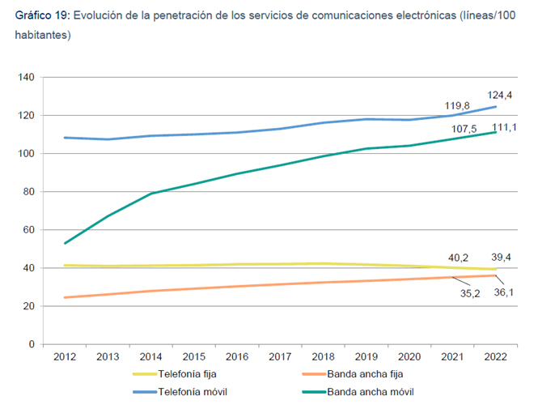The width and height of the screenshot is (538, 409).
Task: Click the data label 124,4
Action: point(500,95)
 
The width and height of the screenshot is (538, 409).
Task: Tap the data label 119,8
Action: point(458,105)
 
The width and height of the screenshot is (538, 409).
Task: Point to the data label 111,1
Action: point(502,130)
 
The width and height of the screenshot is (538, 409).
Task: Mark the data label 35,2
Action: point(470,293)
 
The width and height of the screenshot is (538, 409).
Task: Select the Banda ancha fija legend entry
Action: point(366,374)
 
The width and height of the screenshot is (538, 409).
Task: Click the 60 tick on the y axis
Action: point(28,230)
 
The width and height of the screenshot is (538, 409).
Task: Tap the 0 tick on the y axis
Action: point(31,344)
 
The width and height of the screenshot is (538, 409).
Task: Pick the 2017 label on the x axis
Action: point(280,356)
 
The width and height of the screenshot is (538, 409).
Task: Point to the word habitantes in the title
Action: point(41,36)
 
